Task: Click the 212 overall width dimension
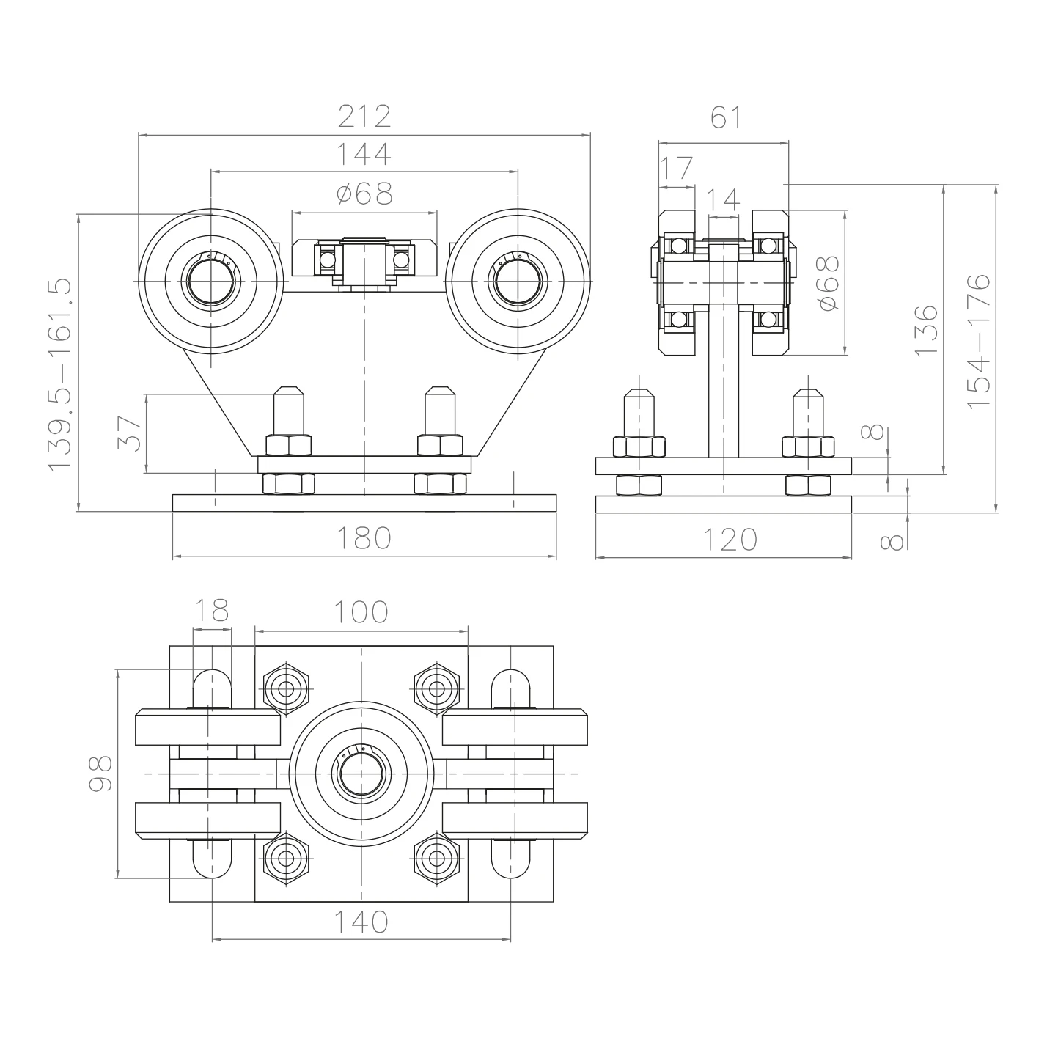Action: [364, 117]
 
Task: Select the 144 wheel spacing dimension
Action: [364, 154]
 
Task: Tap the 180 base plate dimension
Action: [364, 539]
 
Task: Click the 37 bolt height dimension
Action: [129, 434]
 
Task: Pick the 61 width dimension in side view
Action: [725, 117]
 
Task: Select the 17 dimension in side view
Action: [675, 169]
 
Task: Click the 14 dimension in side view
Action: [724, 199]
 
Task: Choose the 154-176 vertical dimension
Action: [978, 341]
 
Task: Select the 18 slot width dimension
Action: [212, 610]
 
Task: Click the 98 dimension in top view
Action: [100, 774]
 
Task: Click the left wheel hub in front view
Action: [210, 282]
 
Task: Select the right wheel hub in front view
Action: [518, 282]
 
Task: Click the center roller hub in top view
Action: [361, 774]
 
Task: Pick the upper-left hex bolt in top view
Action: [286, 688]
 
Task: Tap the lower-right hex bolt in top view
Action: [437, 857]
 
